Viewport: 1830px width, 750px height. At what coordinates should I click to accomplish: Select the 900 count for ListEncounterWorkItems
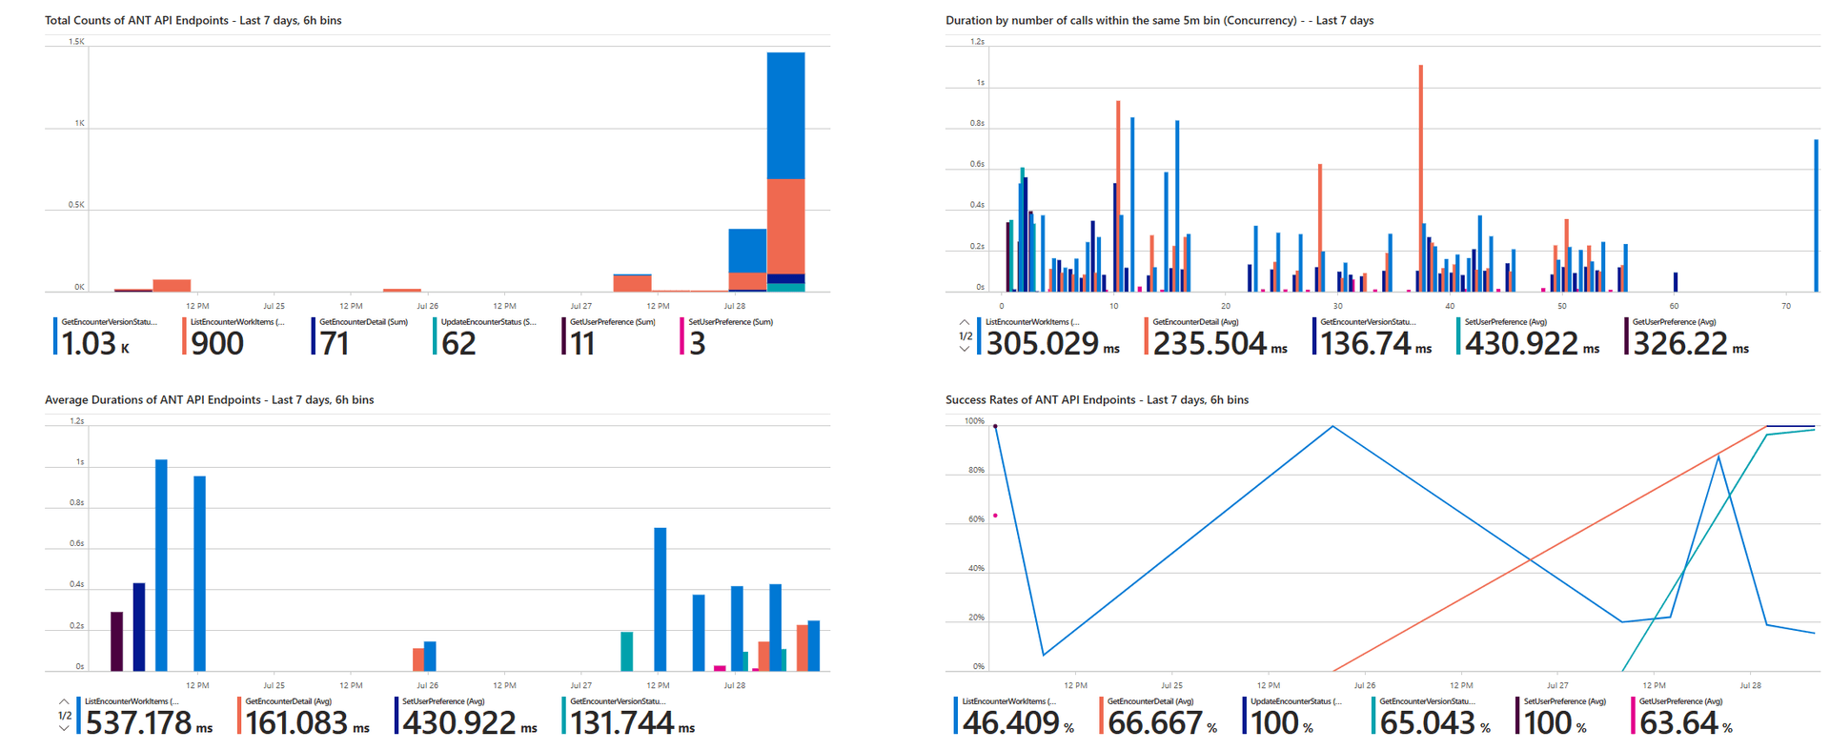tap(217, 343)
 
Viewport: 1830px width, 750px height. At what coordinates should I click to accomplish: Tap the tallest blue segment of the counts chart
tap(785, 115)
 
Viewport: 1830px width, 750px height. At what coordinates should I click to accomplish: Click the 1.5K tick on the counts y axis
tap(76, 42)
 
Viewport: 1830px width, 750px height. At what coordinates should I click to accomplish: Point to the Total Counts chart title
tap(193, 20)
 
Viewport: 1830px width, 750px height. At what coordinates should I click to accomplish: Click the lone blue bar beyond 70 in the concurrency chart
tap(1816, 215)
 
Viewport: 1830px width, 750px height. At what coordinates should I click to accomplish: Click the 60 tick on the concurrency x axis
tap(1675, 306)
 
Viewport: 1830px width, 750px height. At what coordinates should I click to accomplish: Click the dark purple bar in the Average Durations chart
tap(116, 640)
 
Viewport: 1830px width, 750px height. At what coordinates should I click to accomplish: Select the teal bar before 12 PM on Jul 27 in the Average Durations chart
tap(626, 651)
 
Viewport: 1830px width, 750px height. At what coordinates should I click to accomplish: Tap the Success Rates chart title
tap(1096, 399)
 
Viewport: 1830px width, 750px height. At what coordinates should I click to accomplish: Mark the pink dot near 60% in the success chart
tap(995, 516)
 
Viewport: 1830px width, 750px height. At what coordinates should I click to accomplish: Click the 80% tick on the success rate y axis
tap(976, 470)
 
